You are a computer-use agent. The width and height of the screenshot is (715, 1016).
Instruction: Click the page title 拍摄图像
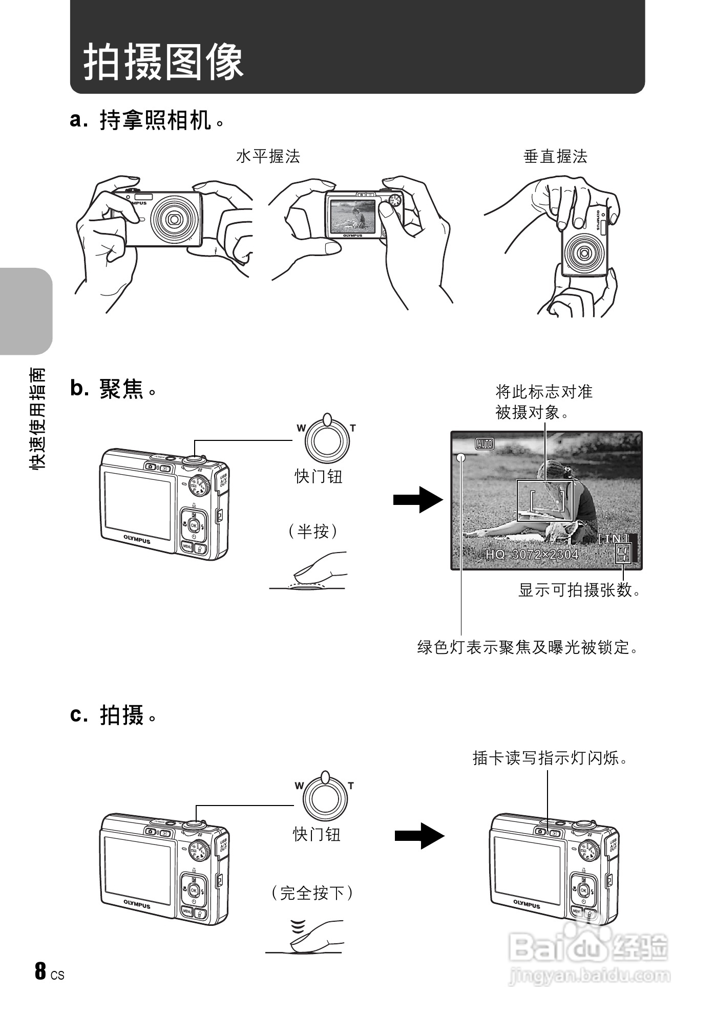point(163,62)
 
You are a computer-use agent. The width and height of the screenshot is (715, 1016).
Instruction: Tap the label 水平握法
point(267,157)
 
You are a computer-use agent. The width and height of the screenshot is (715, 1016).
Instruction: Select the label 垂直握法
point(555,157)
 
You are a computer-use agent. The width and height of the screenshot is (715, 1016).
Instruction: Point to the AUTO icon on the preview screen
point(485,444)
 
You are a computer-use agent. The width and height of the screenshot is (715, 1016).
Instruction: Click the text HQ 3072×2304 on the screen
point(532,554)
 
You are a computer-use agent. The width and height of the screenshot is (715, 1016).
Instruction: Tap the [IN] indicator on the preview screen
point(613,538)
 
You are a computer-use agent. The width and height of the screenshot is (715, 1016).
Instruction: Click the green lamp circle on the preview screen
point(461,458)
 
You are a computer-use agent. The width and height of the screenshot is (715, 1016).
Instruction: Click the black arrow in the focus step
point(417,500)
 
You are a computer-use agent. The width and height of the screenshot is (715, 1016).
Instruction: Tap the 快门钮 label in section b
point(318,477)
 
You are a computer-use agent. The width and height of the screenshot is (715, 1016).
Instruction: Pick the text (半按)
point(313,531)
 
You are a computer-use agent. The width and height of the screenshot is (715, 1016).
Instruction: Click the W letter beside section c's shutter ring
point(300,786)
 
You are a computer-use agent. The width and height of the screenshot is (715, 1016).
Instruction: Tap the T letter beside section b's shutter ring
point(353,428)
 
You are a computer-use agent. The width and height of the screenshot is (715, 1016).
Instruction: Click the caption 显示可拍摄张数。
point(579,590)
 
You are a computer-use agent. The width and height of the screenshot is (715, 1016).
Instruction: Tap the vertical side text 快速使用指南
point(38,418)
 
